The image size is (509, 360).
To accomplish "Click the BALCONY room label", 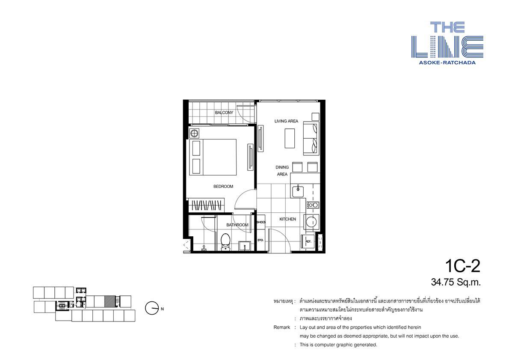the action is [x=224, y=113].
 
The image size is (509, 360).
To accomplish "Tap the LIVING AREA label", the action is [x=286, y=121].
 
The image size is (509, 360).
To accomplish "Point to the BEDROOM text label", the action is [x=223, y=187].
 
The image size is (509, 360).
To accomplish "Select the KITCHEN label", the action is [x=287, y=219].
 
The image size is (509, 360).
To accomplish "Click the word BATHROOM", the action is [x=237, y=225].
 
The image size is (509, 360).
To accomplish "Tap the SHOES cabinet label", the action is [x=261, y=222].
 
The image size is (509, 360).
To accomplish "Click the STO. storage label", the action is [x=260, y=240].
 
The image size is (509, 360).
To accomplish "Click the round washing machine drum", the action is [x=311, y=222].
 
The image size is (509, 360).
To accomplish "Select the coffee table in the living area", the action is [x=290, y=138].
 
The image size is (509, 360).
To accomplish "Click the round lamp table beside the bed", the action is [x=194, y=133].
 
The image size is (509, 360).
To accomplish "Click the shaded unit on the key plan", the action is [x=110, y=301].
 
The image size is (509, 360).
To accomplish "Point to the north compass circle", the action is [x=151, y=308].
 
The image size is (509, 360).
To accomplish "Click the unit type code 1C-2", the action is [x=462, y=267].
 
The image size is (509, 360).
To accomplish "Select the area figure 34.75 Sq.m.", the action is [x=456, y=283].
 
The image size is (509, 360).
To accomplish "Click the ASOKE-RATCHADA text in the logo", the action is [x=447, y=62].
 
